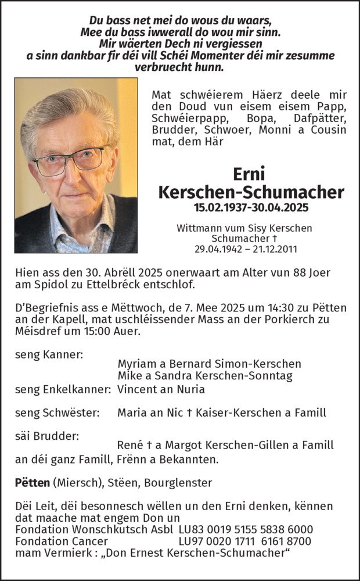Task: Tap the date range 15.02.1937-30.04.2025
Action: tap(250, 207)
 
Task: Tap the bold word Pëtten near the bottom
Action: tap(32, 482)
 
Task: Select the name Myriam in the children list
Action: tap(138, 364)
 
